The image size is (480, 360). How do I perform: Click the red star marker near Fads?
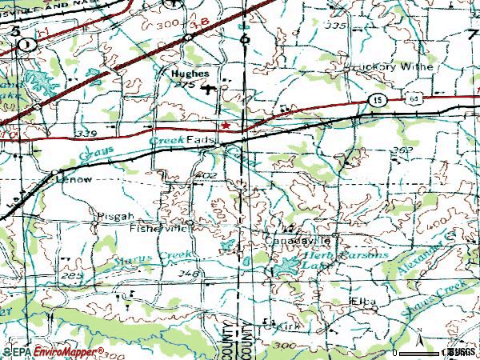click(x=226, y=126)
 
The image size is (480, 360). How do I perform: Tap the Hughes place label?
click(x=190, y=73)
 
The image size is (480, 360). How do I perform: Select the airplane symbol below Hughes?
click(x=210, y=89)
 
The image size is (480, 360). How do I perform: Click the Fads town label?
click(x=206, y=139)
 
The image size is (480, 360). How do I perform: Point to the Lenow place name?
click(x=77, y=180)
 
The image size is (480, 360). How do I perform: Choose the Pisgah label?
click(x=110, y=215)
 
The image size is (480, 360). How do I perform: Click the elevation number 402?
click(x=206, y=174)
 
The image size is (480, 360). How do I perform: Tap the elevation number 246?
click(x=189, y=274)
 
